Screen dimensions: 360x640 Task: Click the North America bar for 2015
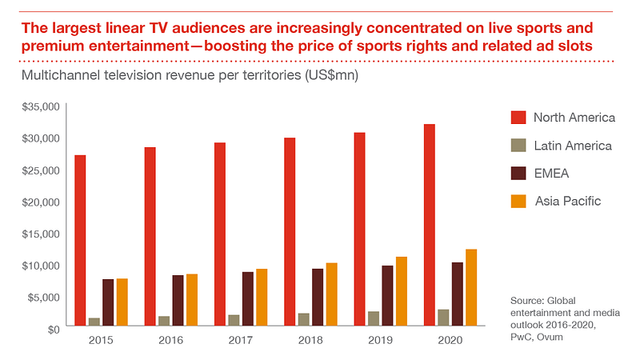tap(80, 240)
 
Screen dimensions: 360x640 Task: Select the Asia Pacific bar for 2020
tap(471, 287)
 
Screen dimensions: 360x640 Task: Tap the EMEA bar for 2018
tap(318, 297)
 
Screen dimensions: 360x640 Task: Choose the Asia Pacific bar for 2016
tap(192, 299)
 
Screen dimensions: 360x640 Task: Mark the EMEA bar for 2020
tap(457, 294)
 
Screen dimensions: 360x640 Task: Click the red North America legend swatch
tap(518, 118)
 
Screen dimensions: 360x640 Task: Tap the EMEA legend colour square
tap(518, 173)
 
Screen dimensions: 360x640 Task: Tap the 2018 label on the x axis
tap(310, 340)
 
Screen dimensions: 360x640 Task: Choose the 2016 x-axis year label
tap(170, 340)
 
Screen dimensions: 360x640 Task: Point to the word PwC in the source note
tap(522, 337)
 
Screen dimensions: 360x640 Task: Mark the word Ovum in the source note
tap(554, 337)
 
